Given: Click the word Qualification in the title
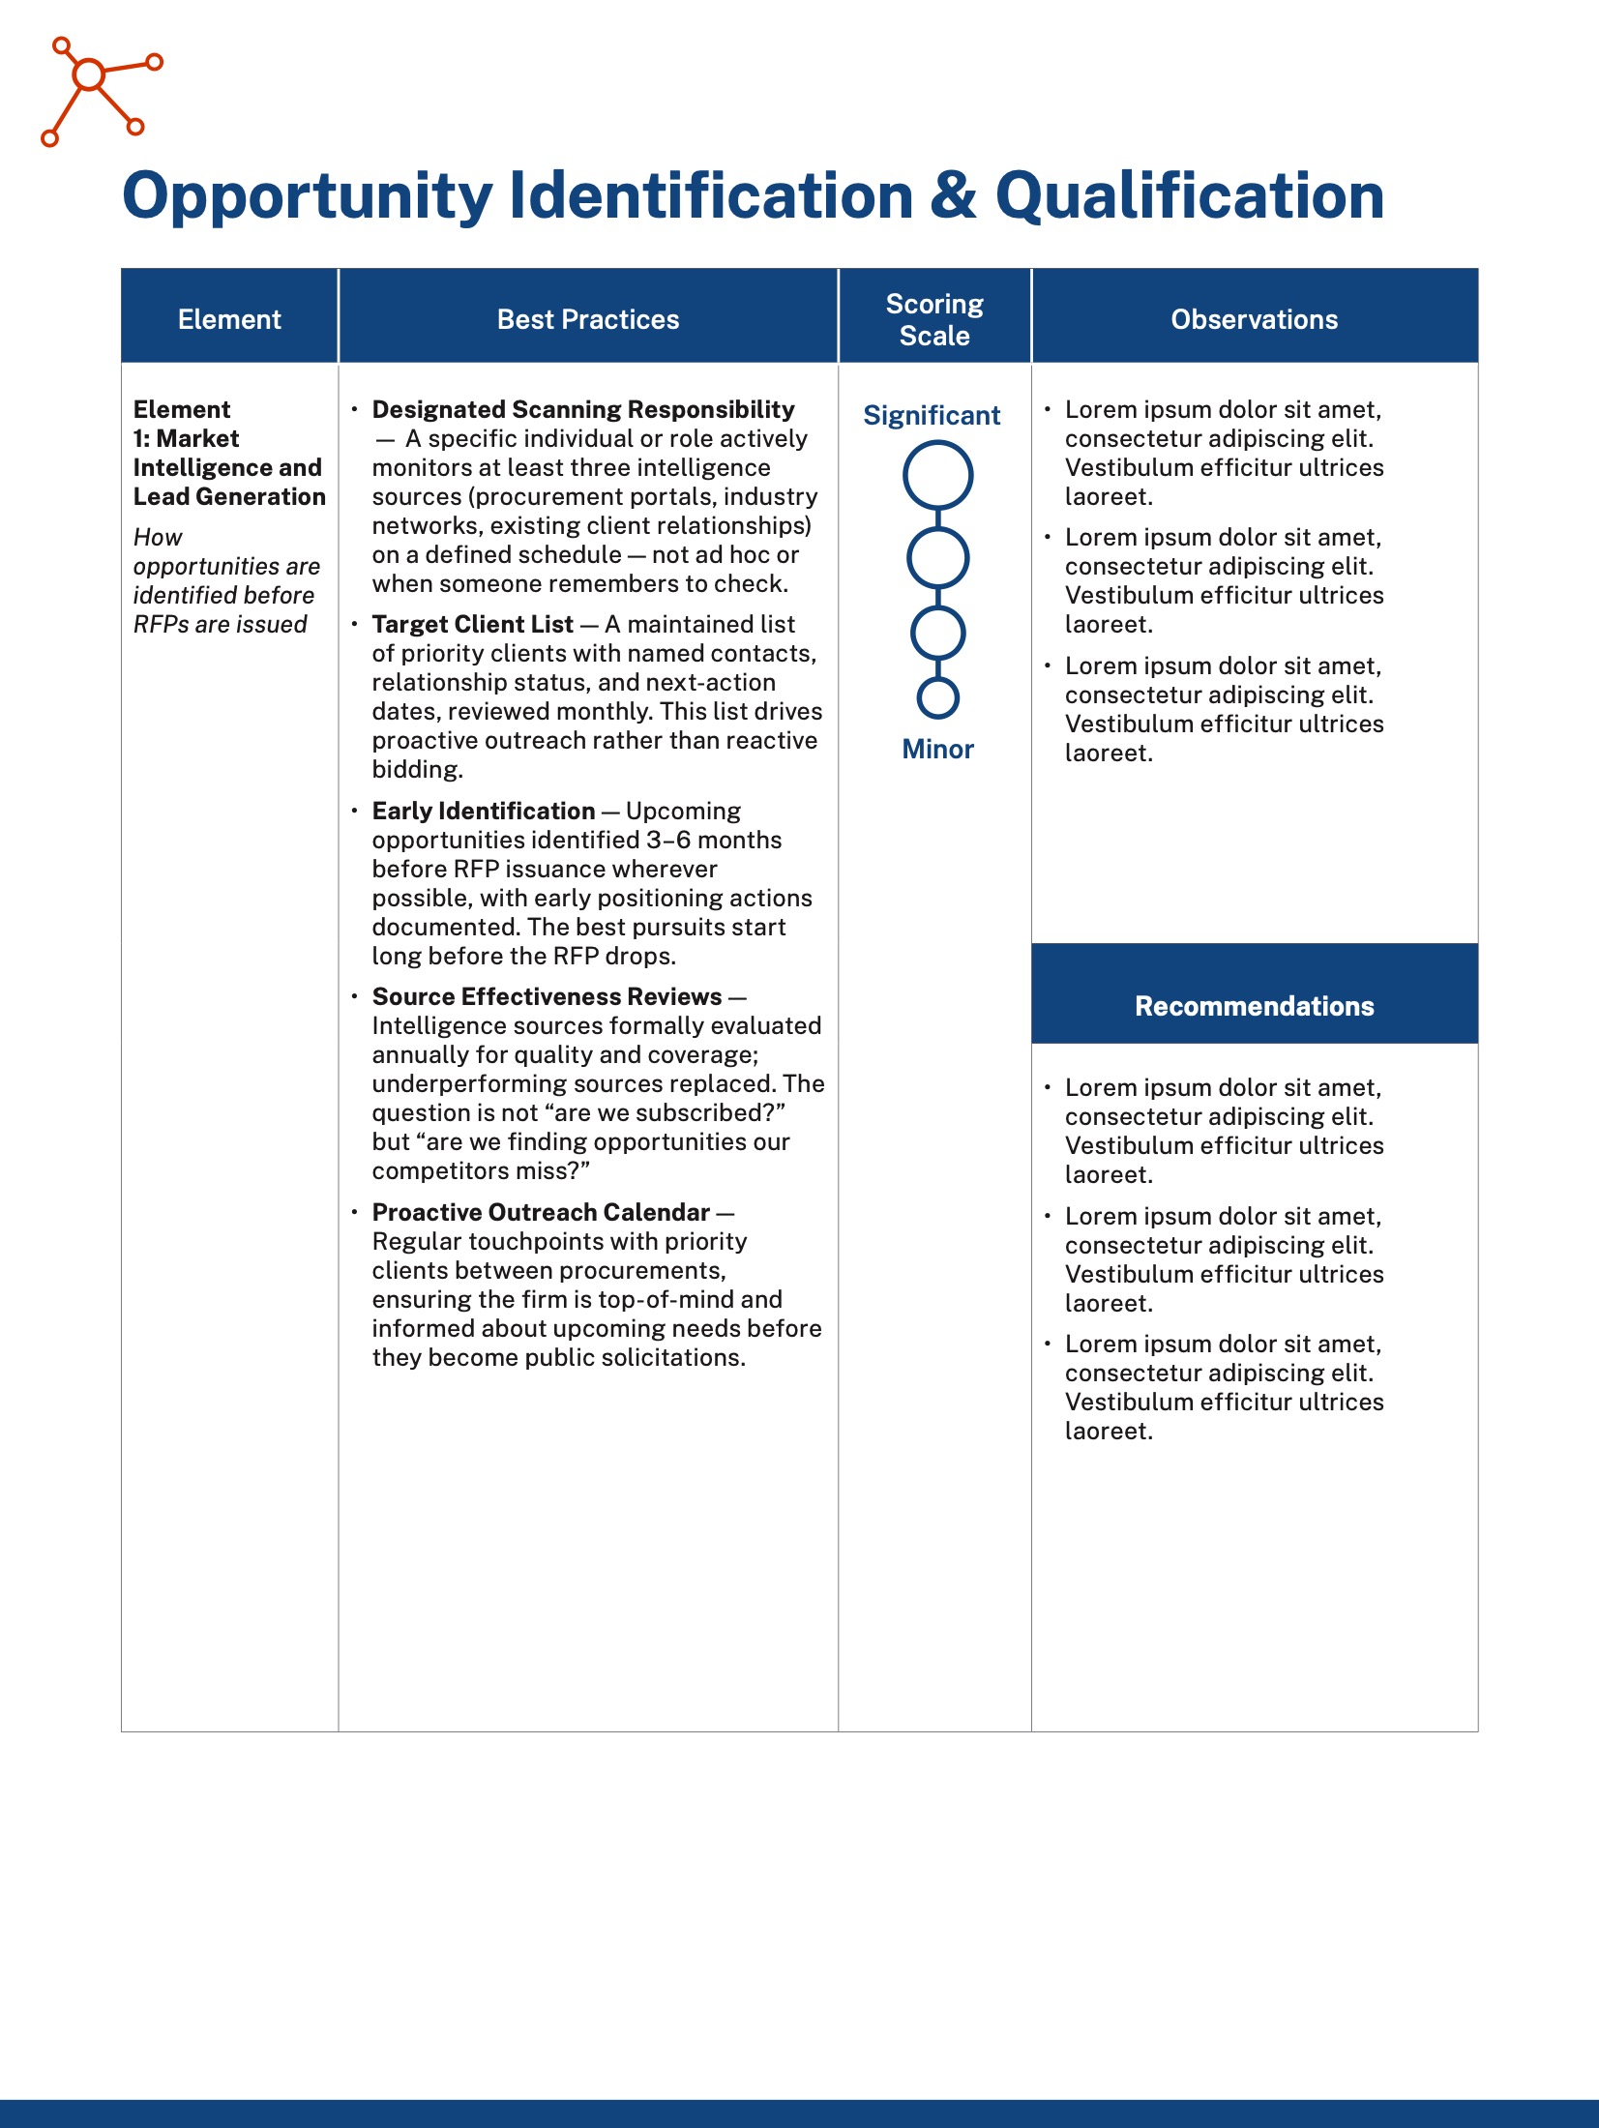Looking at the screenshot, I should point(1189,196).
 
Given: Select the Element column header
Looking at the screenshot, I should point(229,319).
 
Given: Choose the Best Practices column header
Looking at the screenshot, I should point(588,319).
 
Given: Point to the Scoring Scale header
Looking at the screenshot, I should point(934,319).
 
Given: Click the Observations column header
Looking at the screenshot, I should point(1254,319).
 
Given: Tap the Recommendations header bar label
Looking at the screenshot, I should point(1254,1006).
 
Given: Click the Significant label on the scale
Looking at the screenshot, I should point(932,415).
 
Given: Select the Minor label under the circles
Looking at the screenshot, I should point(937,749).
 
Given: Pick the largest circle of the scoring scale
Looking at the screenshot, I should point(937,475).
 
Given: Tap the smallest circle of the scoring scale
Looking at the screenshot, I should point(937,697).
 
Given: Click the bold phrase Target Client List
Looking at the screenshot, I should point(472,625).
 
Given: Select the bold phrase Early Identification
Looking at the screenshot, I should point(484,811).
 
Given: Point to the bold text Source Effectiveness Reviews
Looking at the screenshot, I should point(547,996).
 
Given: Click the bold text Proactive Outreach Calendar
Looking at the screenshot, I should point(541,1212).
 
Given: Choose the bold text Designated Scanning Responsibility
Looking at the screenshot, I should point(583,409).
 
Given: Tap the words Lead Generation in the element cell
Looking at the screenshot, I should point(229,496).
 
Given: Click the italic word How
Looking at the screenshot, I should point(158,537).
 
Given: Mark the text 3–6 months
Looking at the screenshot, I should point(714,840).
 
